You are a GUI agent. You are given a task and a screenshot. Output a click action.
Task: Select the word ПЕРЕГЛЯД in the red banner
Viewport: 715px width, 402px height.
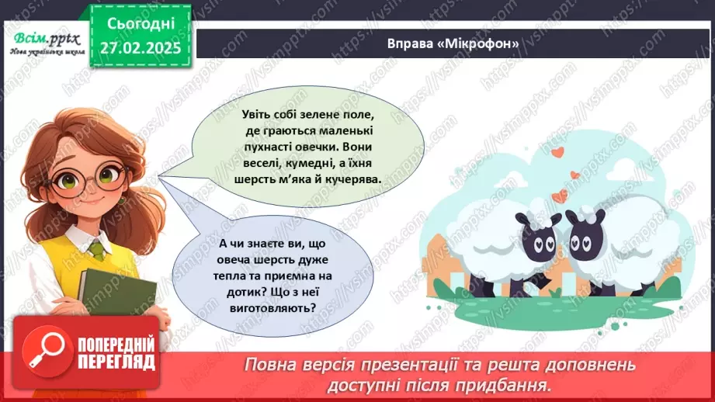117,362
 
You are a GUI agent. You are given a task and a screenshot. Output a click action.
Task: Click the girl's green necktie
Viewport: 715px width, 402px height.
95,248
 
